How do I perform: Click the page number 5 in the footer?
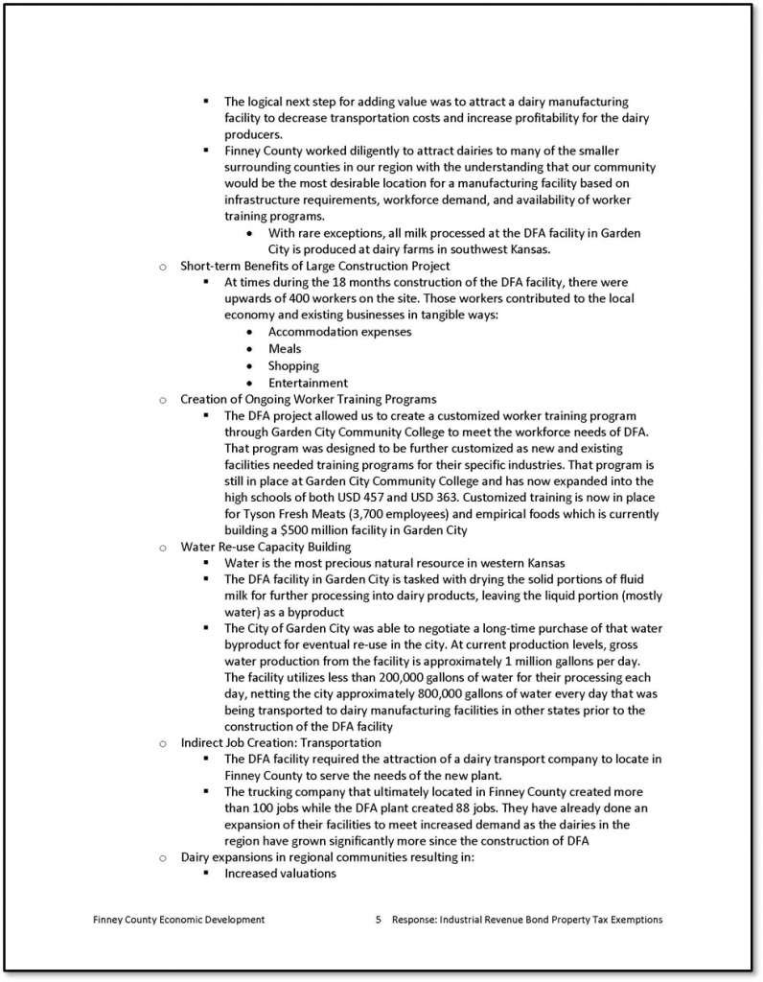point(379,920)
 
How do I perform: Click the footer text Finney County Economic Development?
point(179,920)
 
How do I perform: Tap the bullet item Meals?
point(285,349)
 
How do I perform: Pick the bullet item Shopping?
point(293,365)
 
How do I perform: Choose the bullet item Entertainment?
point(308,383)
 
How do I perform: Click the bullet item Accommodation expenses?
point(339,332)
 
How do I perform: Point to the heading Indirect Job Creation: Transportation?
point(281,742)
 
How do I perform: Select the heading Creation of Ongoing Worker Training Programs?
point(309,399)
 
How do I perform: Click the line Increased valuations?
point(280,874)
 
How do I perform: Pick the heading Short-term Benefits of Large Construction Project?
point(315,266)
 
